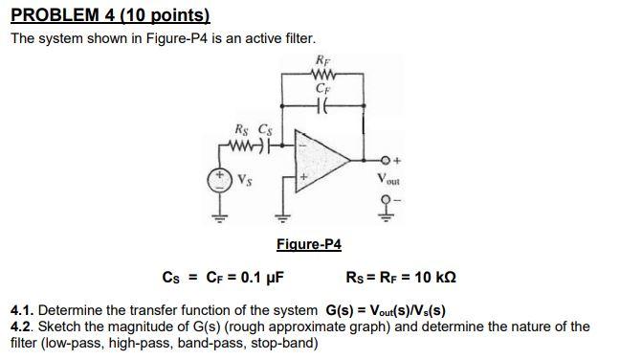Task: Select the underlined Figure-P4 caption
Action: pyautogui.click(x=308, y=244)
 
